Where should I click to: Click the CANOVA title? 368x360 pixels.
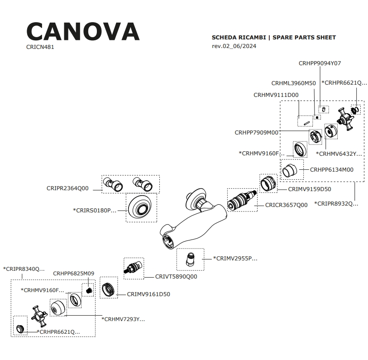pos(83,31)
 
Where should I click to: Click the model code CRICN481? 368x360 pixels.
pos(40,47)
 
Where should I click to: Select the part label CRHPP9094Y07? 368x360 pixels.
pos(320,63)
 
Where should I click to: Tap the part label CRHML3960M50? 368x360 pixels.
pos(293,83)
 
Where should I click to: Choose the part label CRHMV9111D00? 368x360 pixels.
pos(276,95)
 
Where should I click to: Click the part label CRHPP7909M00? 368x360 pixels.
pos(257,133)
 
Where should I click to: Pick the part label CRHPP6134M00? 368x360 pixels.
pos(331,170)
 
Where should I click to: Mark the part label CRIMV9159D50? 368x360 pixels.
pos(310,189)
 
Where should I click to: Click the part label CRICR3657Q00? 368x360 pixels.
pos(286,205)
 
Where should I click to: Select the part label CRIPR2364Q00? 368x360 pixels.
pos(67,188)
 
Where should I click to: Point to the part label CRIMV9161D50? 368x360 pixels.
pos(148,294)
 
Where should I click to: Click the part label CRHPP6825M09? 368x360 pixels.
pos(73,274)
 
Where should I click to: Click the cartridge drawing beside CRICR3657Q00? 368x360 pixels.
pos(242,200)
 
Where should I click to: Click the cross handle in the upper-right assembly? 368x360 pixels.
pos(347,119)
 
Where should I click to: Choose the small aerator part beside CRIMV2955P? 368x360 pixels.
pos(191,259)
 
